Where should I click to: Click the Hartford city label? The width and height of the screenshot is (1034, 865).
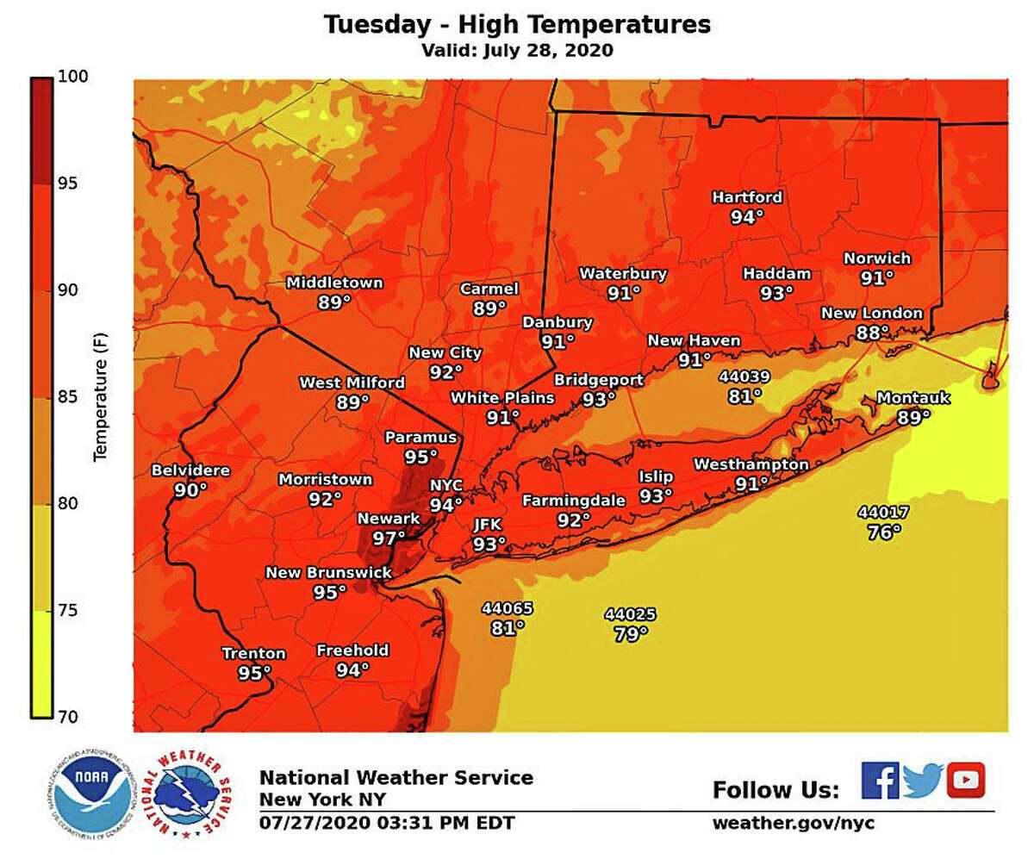746,197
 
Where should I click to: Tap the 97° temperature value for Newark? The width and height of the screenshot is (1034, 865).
389,538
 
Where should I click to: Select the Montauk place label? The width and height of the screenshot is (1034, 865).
913,398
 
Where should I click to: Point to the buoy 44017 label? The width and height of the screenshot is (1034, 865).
883,513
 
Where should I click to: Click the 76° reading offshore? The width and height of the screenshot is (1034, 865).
884,532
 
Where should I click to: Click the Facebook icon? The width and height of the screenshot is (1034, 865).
879,781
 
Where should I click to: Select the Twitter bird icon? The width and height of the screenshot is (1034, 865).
923,781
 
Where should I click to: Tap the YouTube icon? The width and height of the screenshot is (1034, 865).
965,781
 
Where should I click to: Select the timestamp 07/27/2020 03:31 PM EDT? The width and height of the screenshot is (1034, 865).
387,823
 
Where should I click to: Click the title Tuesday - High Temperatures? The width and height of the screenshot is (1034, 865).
517,24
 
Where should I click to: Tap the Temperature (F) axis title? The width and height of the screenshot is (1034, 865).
101,396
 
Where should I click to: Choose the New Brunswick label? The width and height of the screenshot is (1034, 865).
328,573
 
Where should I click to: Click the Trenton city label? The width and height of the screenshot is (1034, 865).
253,654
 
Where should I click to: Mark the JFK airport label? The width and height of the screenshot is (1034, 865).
488,525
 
